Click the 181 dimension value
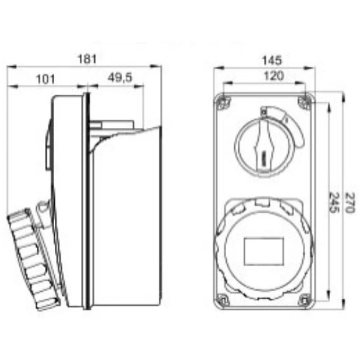87,59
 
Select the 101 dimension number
45,79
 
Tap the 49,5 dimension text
120,77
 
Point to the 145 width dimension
272,60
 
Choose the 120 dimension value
273,75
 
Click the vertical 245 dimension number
334,203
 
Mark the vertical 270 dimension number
350,203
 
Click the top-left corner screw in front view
223,102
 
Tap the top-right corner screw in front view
305,102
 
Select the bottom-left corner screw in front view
223,300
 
